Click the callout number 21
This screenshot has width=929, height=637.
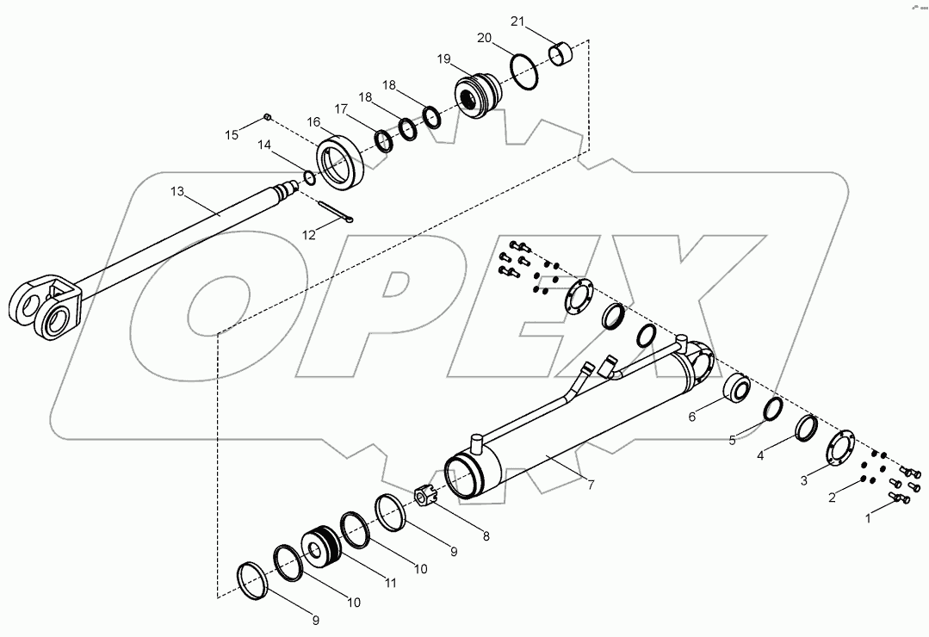[x=517, y=22]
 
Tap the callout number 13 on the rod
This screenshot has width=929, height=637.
[x=177, y=191]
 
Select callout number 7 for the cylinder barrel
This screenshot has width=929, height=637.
[x=591, y=485]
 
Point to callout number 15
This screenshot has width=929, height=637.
[x=232, y=135]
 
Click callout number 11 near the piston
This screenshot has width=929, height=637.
[x=389, y=583]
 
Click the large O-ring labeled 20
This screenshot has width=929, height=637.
[x=524, y=71]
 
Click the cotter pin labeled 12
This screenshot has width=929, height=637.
[x=335, y=213]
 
